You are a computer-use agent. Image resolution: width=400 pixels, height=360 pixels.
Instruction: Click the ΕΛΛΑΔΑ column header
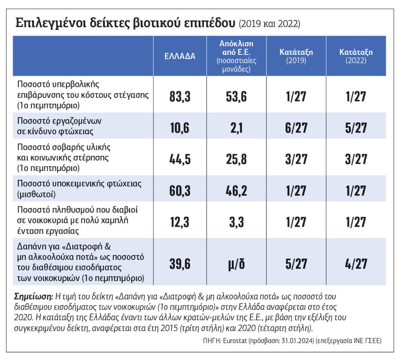(180, 56)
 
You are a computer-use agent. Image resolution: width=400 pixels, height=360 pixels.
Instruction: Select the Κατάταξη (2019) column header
(296, 56)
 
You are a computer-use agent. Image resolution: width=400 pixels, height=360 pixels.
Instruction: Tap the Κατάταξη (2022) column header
(356, 56)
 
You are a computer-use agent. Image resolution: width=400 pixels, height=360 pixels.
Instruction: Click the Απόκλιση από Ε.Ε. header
(236, 56)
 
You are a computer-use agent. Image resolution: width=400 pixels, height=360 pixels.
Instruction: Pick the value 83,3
(180, 97)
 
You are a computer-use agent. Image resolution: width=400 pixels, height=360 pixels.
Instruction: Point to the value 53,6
(236, 97)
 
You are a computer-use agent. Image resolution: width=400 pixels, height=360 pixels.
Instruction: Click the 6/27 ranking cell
(296, 128)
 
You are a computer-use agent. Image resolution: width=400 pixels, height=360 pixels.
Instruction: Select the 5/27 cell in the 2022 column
(356, 128)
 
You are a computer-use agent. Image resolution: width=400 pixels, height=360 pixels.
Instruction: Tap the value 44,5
(180, 159)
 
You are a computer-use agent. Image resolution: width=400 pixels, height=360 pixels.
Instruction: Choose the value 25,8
(236, 159)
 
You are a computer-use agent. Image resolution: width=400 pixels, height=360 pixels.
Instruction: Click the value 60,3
(180, 191)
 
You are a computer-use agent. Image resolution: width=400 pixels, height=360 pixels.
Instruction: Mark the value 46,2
(236, 191)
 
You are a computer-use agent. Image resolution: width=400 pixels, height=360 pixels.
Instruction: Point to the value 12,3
(180, 222)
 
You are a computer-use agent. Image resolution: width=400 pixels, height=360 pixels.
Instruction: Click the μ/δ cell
(236, 264)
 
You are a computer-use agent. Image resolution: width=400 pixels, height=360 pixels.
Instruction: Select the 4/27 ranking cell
(356, 264)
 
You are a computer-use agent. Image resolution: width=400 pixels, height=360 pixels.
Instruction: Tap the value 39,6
(180, 264)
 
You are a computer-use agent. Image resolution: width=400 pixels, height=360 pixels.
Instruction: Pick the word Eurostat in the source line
(235, 341)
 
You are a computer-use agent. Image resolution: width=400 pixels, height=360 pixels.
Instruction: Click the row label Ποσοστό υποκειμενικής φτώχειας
(79, 184)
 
